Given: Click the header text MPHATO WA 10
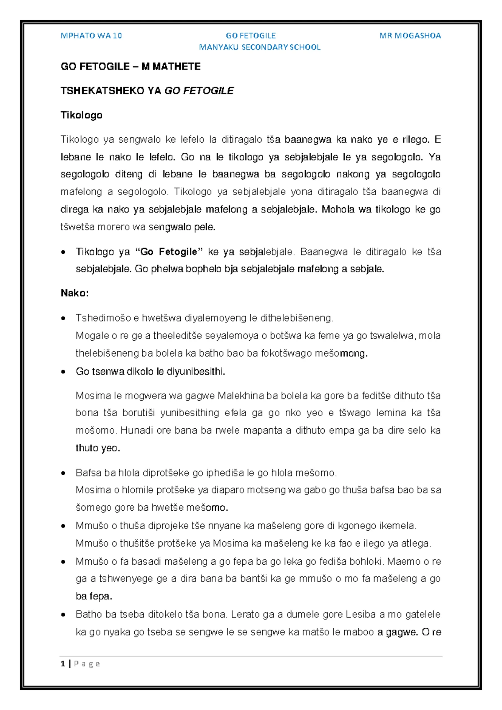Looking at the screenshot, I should tap(91, 36).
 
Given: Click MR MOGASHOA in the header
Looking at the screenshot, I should tap(410, 36).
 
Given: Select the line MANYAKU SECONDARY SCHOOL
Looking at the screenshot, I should tap(259, 47).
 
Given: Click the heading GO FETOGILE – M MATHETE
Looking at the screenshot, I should tap(131, 67).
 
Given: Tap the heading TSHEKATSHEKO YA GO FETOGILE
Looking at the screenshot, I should tap(147, 91).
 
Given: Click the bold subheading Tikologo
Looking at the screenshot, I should tap(81, 115).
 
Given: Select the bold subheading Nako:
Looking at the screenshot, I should tap(74, 293).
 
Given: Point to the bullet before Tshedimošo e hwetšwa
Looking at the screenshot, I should tap(63, 318).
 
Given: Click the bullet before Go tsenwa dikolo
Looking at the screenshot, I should tap(63, 372).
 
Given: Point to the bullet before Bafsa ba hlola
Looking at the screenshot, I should tap(63, 473).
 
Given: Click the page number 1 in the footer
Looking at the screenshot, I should tap(63, 664).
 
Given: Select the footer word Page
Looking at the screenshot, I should tap(87, 664).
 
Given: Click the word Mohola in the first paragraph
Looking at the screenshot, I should tap(337, 209).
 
